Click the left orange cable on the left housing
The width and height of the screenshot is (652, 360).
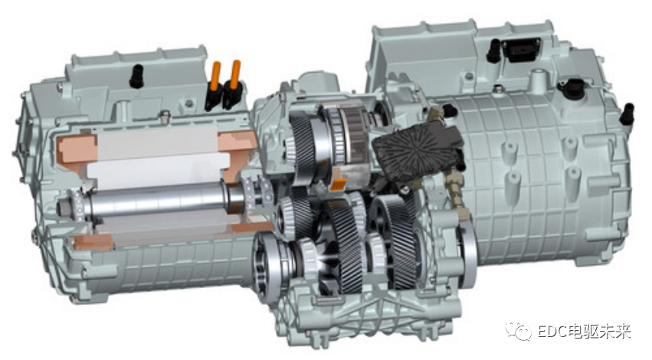[x=216, y=77]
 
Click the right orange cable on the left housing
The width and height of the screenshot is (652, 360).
[x=235, y=74]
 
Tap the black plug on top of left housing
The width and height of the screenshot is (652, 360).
[x=136, y=76]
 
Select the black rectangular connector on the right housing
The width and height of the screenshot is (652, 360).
[x=522, y=50]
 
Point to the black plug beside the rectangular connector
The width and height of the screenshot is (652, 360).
[x=493, y=51]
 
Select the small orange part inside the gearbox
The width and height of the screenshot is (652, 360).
[x=338, y=185]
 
